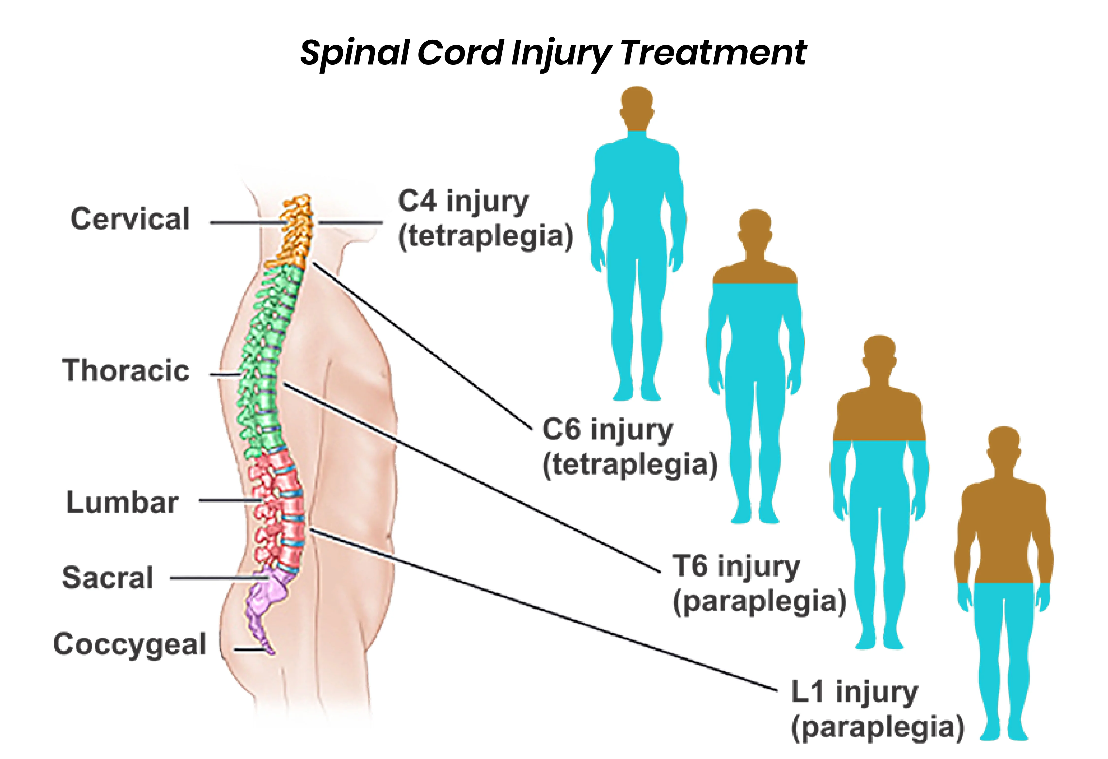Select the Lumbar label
point(122,503)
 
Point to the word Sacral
point(108,578)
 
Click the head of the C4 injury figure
point(637,107)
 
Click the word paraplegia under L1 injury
point(877,728)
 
